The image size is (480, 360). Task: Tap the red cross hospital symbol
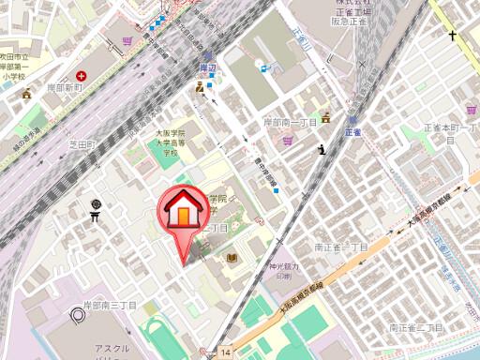tap(82, 75)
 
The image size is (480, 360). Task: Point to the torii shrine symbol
tap(96, 213)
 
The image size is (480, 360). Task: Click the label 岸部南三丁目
tap(111, 306)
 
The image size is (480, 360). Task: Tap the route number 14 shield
tap(225, 350)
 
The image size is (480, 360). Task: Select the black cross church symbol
tap(452, 37)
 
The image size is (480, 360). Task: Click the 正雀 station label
tap(352, 133)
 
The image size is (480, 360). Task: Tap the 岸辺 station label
tap(207, 68)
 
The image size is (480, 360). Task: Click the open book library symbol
tap(232, 257)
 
